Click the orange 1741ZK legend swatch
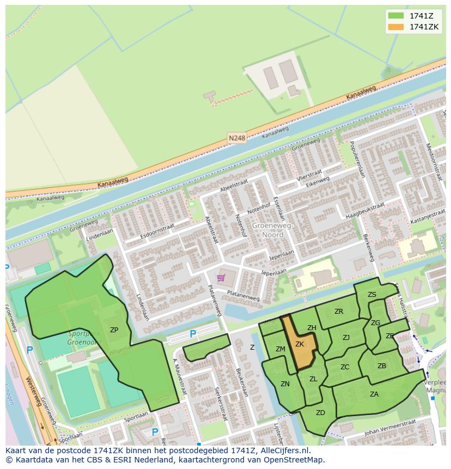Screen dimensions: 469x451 (396, 27)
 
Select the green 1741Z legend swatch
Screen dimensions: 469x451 (396, 15)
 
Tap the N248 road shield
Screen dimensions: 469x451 (237, 138)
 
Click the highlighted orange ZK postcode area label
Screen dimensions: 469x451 (300, 344)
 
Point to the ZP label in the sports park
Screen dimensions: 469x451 (114, 330)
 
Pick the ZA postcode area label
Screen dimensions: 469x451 (374, 394)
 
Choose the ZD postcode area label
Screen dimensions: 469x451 (320, 413)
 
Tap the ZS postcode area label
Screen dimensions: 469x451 (372, 295)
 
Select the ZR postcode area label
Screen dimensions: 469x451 (339, 312)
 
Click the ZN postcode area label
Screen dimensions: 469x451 (285, 384)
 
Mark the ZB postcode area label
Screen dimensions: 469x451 (382, 366)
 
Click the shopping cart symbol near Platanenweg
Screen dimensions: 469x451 (221, 278)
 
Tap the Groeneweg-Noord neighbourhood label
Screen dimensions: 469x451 (272, 230)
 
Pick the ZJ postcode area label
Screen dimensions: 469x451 (346, 338)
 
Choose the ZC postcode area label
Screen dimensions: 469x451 (345, 367)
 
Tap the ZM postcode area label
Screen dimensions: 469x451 (281, 349)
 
